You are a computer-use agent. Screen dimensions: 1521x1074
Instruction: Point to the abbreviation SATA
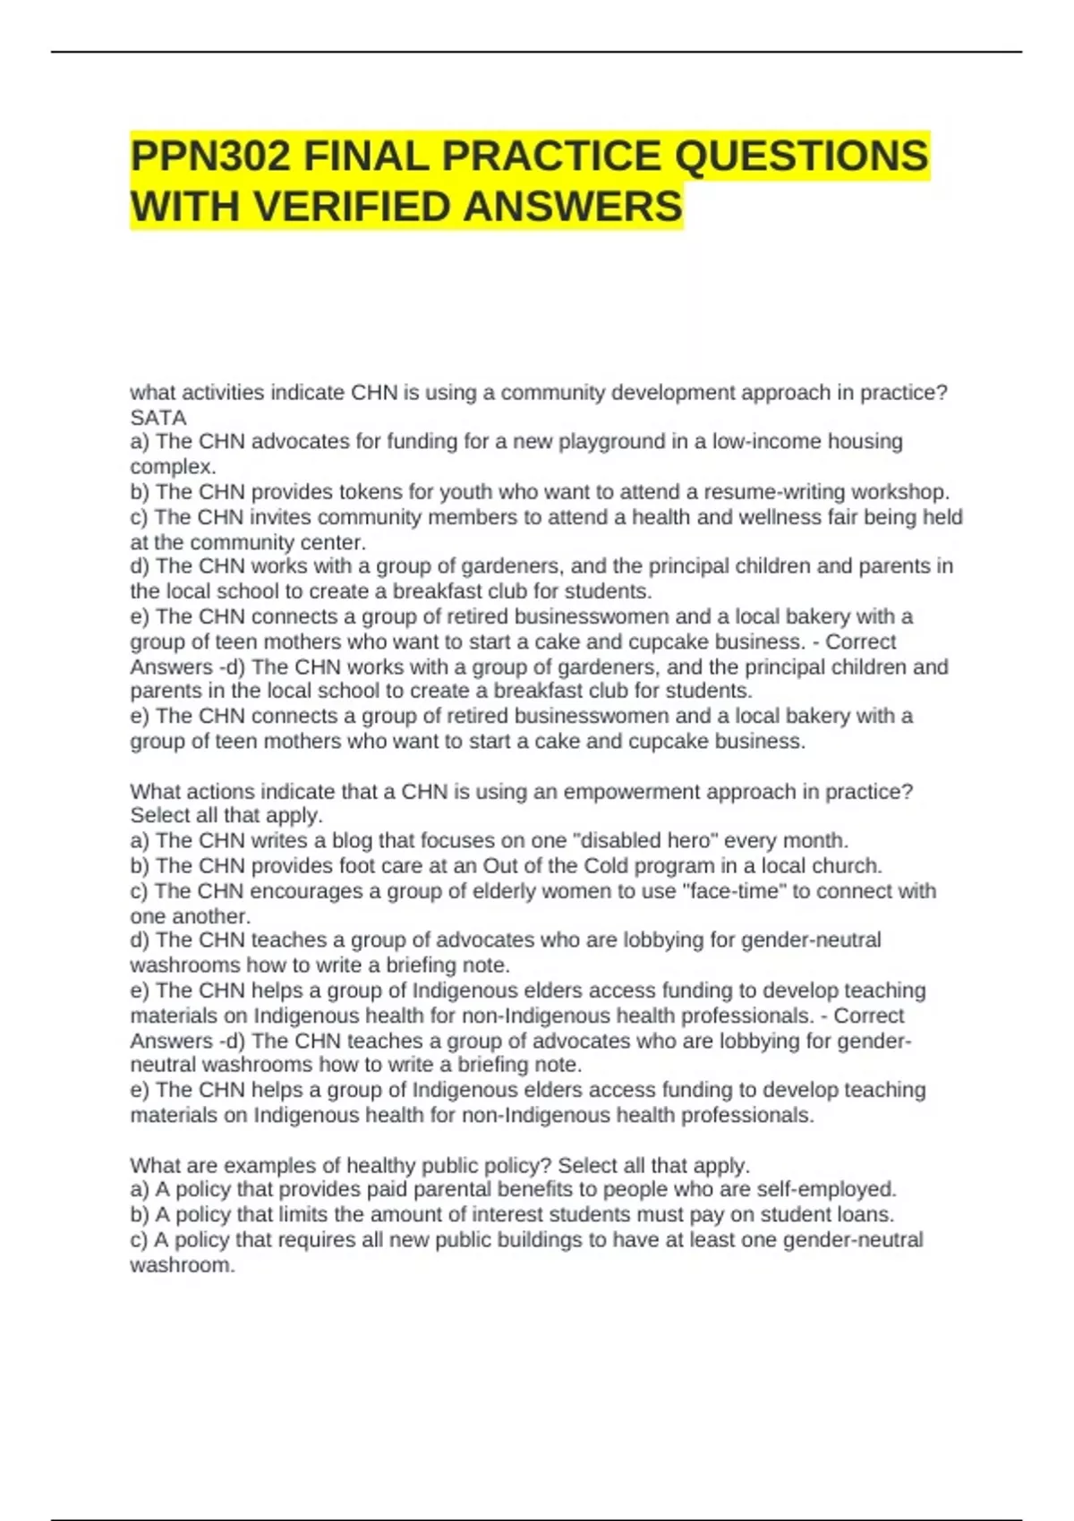[158, 418]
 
